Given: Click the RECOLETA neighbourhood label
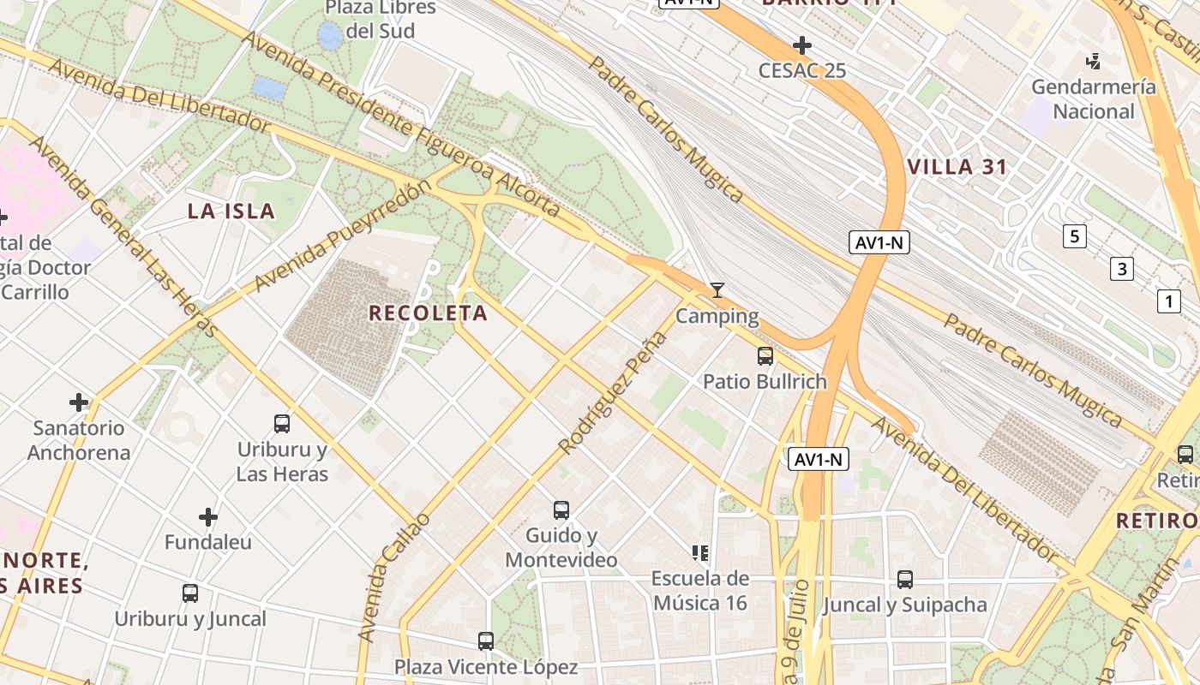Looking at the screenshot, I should [428, 313].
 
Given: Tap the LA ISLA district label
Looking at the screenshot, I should [231, 211].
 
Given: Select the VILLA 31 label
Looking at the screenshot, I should [957, 167].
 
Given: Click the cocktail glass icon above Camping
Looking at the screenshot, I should [717, 290].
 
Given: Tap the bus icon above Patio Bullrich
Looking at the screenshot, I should [765, 355].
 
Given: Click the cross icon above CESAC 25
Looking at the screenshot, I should [802, 45].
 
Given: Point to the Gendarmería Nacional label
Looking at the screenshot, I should [1093, 98].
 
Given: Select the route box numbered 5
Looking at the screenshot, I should [1074, 235].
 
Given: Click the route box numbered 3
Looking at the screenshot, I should [1121, 269].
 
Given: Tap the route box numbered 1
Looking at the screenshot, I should [1167, 301].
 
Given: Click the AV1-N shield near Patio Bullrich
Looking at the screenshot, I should [819, 460].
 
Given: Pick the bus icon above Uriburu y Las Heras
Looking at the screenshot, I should [282, 423].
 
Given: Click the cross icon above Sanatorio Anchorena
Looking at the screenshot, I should [79, 402].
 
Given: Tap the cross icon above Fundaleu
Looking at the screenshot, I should [208, 516].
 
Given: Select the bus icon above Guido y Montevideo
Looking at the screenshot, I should [561, 510].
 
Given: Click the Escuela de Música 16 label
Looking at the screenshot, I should [699, 591].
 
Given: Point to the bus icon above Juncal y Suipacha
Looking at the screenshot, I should [905, 579].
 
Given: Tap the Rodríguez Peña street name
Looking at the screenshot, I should [612, 391].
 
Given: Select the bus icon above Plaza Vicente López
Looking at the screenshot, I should [486, 640].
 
